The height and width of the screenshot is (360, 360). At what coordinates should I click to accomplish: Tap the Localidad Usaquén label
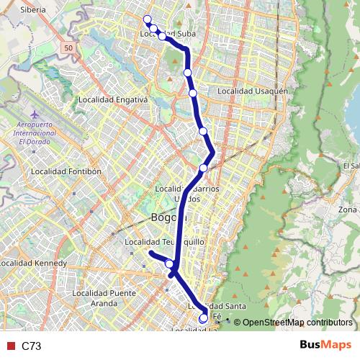coord(252,91)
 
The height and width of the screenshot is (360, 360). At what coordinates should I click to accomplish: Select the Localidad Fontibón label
coord(64,172)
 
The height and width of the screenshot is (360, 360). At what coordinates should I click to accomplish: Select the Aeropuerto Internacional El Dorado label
coord(37,133)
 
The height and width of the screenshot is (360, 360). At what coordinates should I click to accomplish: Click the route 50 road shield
coord(67,47)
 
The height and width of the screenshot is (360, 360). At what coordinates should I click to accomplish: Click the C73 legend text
coord(32,346)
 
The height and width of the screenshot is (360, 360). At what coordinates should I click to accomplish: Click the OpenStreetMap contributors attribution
coord(294,322)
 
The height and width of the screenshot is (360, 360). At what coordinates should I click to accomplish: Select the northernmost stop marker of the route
coord(147,19)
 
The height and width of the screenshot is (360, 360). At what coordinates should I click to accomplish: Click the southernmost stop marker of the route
coord(203,318)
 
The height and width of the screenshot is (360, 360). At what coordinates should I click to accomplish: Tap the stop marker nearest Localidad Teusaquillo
coord(170,264)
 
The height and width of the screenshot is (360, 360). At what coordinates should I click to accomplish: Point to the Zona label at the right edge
coord(348,210)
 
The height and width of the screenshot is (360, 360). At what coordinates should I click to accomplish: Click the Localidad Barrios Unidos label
coord(186,193)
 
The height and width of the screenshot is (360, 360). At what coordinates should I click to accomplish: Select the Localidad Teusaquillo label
coord(160,242)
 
